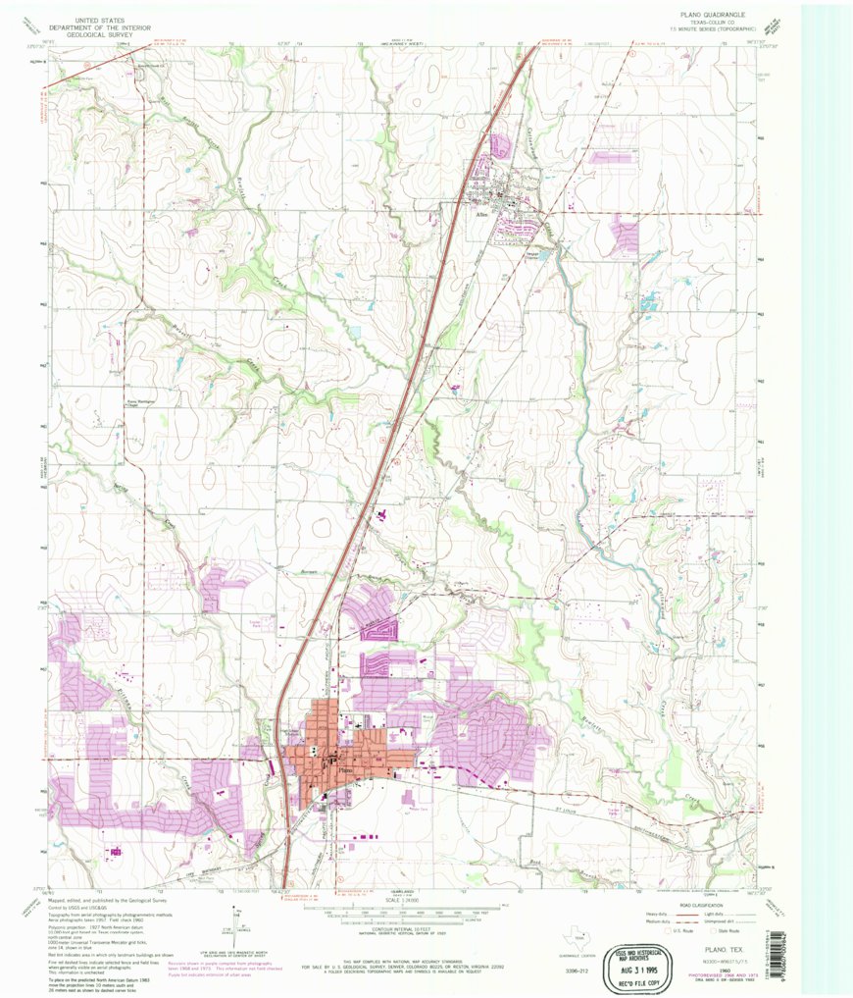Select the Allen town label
[481, 213]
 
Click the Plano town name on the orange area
[343, 769]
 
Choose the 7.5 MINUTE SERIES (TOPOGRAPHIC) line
[720, 29]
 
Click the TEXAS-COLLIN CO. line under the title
[720, 23]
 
